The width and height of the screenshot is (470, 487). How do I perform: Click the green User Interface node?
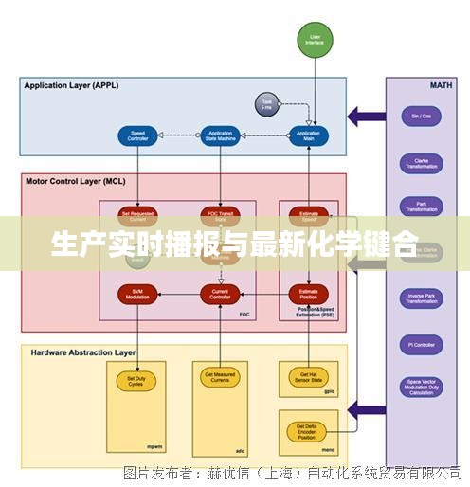[316, 39]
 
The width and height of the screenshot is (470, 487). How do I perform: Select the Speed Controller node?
[137, 135]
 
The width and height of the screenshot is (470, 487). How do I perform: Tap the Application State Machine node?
[220, 135]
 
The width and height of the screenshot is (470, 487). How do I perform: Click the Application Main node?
[308, 135]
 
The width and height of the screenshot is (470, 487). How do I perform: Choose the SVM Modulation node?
[137, 295]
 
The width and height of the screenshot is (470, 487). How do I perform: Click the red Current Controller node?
[220, 295]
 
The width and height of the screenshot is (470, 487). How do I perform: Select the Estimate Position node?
[308, 295]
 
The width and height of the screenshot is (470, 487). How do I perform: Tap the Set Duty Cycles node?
[136, 380]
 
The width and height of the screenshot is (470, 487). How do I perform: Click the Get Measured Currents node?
[220, 380]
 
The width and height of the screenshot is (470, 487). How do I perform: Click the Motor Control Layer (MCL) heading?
[75, 181]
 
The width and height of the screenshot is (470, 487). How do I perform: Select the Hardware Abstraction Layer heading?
[83, 352]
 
